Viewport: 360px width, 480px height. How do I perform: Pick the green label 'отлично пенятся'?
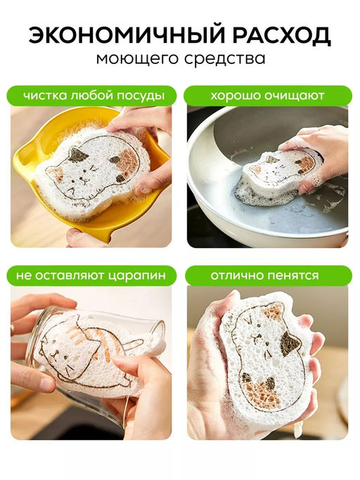(x=265, y=275)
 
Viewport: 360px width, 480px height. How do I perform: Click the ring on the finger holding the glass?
(x=13, y=330)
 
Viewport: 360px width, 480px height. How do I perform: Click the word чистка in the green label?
(x=43, y=96)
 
